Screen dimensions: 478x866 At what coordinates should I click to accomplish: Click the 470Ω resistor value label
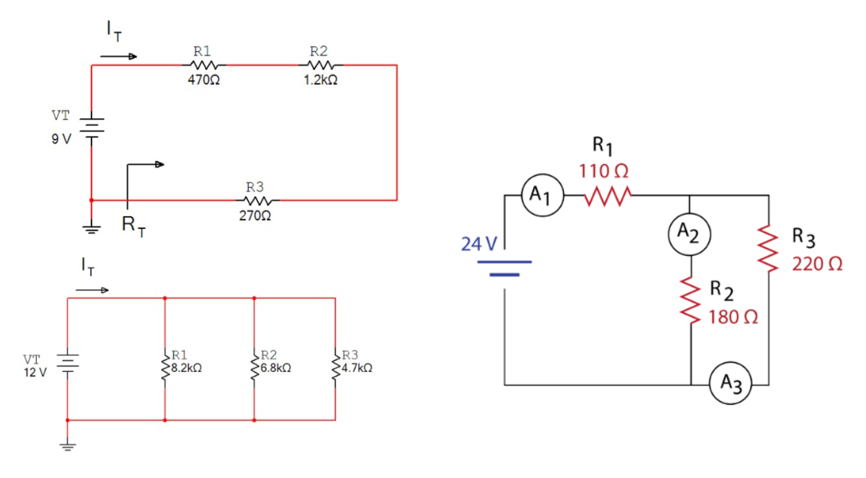(204, 80)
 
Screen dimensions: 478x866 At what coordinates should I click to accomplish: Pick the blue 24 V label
(478, 244)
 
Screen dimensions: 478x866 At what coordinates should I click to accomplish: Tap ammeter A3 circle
(730, 384)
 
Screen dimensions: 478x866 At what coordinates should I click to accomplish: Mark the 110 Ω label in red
(604, 170)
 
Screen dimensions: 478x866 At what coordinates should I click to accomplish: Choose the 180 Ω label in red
(732, 317)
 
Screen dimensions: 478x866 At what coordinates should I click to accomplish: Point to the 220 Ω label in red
(817, 264)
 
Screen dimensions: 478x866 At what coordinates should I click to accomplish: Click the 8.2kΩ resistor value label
(187, 367)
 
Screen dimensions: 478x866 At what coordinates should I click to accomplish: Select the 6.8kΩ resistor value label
(275, 367)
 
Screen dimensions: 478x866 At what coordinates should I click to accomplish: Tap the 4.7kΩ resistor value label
(357, 367)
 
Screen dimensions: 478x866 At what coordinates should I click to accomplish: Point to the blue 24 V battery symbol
(504, 268)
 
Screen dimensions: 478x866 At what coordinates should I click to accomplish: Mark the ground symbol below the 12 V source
(68, 447)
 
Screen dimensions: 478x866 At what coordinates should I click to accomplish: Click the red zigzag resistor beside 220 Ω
(768, 248)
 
